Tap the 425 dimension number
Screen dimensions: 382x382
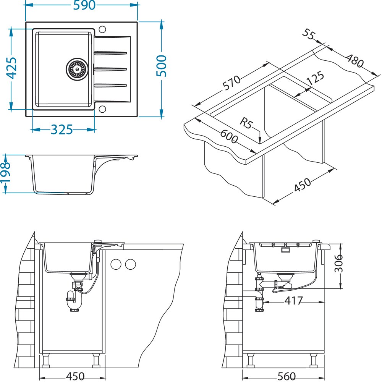pyautogui.click(x=12, y=68)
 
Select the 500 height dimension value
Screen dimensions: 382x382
pyautogui.click(x=162, y=66)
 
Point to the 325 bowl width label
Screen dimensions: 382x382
pyautogui.click(x=62, y=130)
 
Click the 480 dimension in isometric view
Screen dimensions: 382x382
pyautogui.click(x=355, y=60)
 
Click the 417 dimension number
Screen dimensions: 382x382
pyautogui.click(x=293, y=301)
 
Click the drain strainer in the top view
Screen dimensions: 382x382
pyautogui.click(x=77, y=68)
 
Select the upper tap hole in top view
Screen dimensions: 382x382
pyautogui.click(x=102, y=29)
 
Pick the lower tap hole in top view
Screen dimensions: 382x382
pyautogui.click(x=102, y=109)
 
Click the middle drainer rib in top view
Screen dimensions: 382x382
pyautogui.click(x=111, y=69)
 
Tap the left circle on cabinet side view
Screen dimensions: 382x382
pyautogui.click(x=115, y=264)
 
